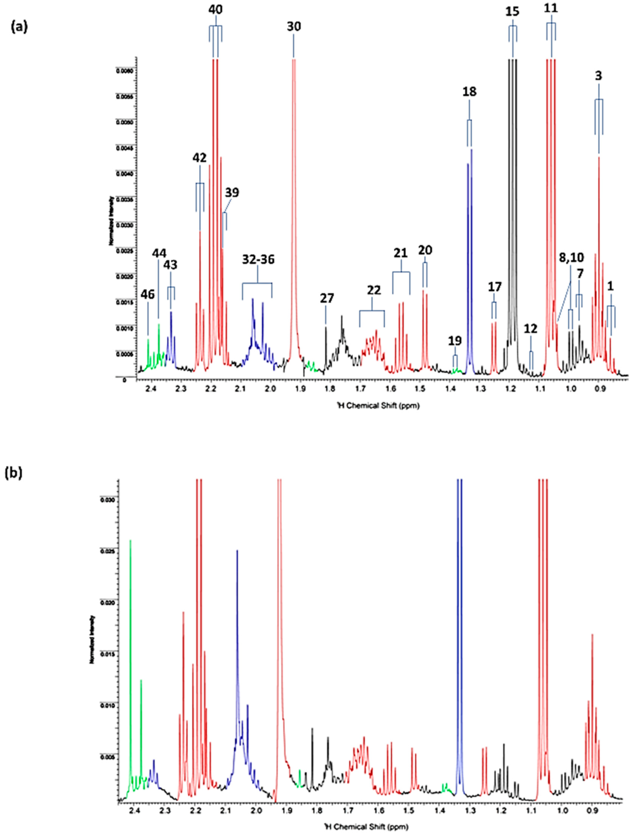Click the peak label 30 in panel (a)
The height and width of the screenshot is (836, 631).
pos(294,27)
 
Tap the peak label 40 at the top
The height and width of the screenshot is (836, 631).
pos(215,9)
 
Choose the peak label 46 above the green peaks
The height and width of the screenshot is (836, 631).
pos(147,294)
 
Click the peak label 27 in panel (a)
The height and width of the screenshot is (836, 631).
pos(327,298)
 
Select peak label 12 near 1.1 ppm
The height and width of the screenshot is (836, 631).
pos(531,329)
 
